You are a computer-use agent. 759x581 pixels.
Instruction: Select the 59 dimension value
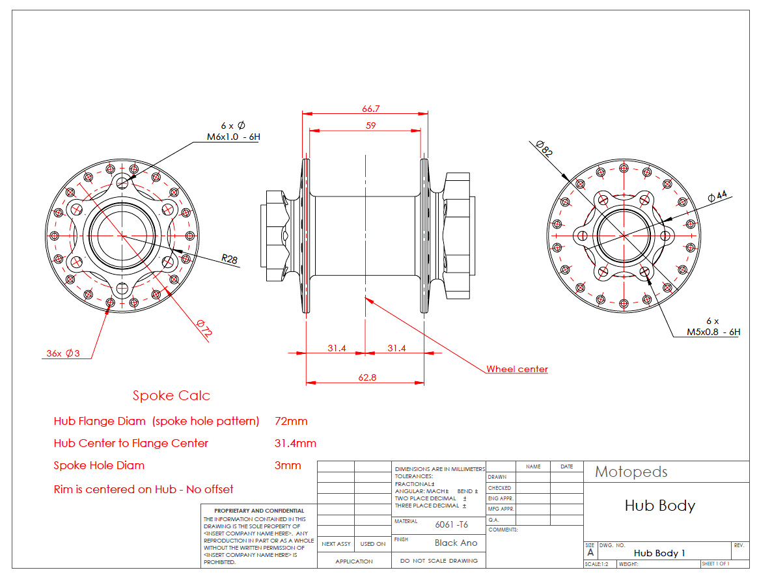click(370, 126)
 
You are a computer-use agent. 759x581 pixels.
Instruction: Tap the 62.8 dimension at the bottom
click(367, 377)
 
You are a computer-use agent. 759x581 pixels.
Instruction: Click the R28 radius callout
click(229, 259)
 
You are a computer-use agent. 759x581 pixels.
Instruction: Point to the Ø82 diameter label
click(544, 150)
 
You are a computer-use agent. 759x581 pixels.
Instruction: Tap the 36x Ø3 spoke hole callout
click(62, 353)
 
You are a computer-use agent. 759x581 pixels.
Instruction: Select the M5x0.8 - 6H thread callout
click(713, 331)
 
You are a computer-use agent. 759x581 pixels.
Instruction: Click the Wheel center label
click(517, 369)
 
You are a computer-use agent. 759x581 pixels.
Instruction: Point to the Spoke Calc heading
click(171, 396)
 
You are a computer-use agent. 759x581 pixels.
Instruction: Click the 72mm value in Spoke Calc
click(291, 421)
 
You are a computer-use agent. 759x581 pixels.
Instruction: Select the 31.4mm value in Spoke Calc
click(296, 443)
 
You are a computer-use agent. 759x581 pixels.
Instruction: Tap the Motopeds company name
click(631, 472)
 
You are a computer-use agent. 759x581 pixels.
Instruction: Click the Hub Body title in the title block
click(659, 506)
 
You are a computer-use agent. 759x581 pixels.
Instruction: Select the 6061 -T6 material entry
click(451, 524)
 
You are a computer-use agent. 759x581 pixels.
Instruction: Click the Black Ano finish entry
click(456, 543)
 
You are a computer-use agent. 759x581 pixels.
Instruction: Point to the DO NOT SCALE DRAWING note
click(439, 560)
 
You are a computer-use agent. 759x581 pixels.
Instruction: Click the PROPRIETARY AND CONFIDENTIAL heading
click(259, 511)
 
